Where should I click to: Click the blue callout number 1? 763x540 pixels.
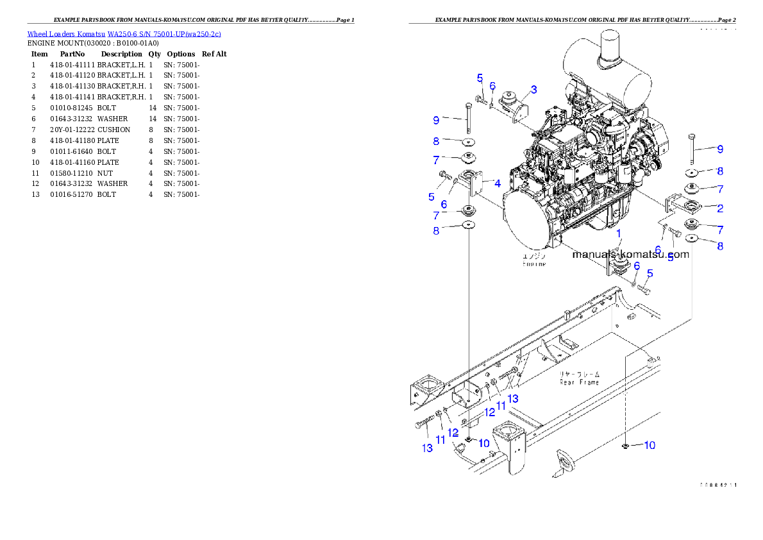[x=619, y=234]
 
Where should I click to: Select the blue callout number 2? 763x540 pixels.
[x=720, y=208]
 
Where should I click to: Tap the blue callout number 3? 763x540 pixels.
[x=533, y=90]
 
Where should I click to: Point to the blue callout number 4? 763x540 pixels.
[x=497, y=183]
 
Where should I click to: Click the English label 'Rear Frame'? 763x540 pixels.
[x=579, y=382]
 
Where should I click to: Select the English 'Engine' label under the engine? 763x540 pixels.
[x=534, y=264]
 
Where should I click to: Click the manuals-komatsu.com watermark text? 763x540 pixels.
[x=630, y=254]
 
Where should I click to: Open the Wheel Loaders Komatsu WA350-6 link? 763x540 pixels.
[x=124, y=34]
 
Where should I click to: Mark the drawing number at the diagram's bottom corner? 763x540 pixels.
[x=717, y=485]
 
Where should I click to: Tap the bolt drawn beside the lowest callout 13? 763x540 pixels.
[x=424, y=423]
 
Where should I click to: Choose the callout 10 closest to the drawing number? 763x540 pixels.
[x=649, y=445]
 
